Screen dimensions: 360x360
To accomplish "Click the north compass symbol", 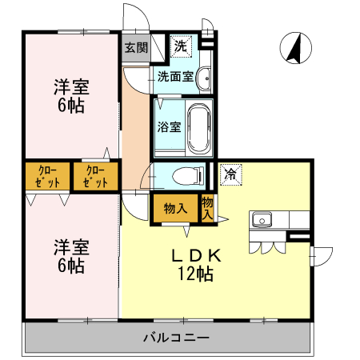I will [x=294, y=50].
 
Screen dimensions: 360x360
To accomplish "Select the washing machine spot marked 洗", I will [x=182, y=46].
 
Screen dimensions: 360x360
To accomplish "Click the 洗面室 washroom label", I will [x=174, y=78].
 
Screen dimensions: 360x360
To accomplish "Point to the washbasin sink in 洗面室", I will [x=204, y=78].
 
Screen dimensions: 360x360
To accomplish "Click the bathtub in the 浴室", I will [x=199, y=126].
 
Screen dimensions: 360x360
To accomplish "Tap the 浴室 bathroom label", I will [x=169, y=126].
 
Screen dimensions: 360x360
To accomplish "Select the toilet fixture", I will [x=186, y=176].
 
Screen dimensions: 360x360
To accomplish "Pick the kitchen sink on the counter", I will [x=262, y=220].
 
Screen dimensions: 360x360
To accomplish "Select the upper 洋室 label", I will [x=70, y=86].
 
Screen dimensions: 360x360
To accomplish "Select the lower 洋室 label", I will [x=70, y=246].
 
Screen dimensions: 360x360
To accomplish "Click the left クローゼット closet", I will [x=47, y=176].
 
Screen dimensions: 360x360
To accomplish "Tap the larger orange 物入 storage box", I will [x=175, y=208].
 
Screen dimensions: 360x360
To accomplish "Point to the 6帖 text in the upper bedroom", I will [x=70, y=106].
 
